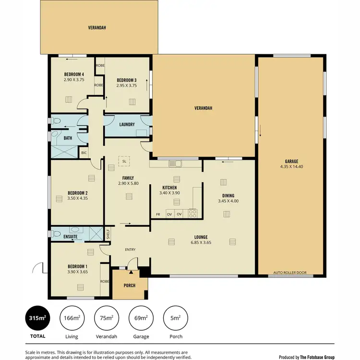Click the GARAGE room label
tap(291, 161)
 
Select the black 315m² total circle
tap(37, 318)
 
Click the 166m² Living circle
tap(72, 318)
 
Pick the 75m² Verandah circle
tap(106, 318)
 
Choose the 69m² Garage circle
tap(141, 318)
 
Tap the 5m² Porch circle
tap(175, 318)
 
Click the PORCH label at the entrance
tap(129, 286)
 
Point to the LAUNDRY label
tap(127, 124)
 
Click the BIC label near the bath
tap(84, 153)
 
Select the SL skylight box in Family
tap(124, 161)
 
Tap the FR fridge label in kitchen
tap(157, 214)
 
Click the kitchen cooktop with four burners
tap(193, 213)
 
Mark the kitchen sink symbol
tap(175, 164)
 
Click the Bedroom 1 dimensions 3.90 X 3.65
tap(77, 272)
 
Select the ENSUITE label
tap(70, 237)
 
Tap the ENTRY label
tap(130, 250)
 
